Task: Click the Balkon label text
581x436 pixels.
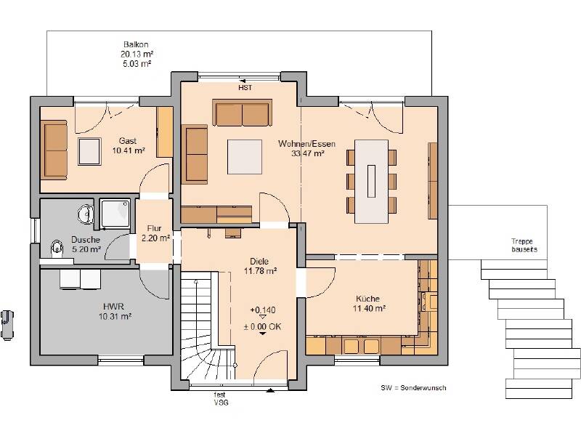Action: (x=136, y=44)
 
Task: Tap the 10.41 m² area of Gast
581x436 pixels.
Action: (x=129, y=151)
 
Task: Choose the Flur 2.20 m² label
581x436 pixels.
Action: (x=155, y=233)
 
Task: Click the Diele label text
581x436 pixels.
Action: (x=259, y=261)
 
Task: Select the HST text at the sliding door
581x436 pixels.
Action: (x=245, y=87)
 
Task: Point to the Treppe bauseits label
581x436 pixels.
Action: (x=524, y=245)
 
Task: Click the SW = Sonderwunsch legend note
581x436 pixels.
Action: (x=413, y=388)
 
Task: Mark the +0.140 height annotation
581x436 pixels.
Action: (x=263, y=310)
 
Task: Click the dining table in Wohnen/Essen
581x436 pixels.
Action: (x=371, y=181)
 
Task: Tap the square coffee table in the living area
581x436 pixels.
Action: (x=245, y=156)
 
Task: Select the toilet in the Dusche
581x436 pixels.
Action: (x=57, y=249)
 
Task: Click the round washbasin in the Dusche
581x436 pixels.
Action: (x=86, y=214)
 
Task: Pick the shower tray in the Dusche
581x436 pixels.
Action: (x=115, y=214)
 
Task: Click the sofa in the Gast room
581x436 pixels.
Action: (x=54, y=150)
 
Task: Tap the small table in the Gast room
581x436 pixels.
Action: (x=89, y=151)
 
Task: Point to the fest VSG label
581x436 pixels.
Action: (x=221, y=398)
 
